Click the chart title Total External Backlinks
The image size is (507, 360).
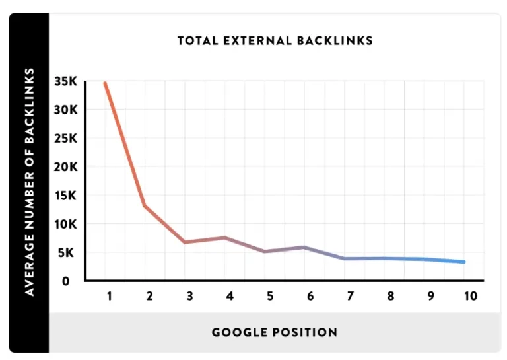point(275,41)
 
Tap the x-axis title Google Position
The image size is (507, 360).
point(275,332)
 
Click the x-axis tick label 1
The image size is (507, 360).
point(110,297)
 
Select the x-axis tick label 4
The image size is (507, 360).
point(230,297)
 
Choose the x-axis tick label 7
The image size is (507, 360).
point(351,297)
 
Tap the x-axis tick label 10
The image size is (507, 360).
point(471,297)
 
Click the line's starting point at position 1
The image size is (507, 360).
point(105,83)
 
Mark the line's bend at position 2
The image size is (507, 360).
point(145,205)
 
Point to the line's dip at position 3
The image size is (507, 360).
point(185,242)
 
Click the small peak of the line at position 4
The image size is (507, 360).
point(225,238)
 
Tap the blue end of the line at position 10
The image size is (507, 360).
point(464,262)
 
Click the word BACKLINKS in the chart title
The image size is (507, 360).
point(335,41)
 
